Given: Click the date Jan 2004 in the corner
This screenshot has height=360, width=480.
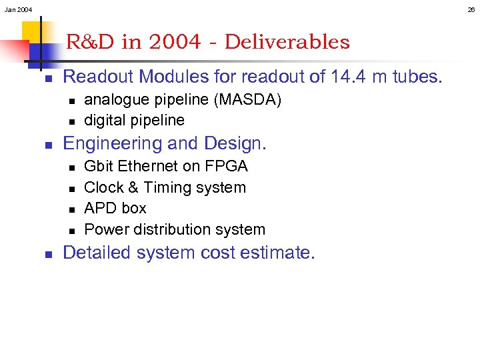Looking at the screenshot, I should pyautogui.click(x=18, y=9).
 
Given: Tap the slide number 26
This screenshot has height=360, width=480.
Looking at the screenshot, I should pyautogui.click(x=471, y=9).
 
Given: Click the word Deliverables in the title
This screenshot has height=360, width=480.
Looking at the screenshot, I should pyautogui.click(x=287, y=42).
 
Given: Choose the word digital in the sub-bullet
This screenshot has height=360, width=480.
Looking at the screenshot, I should pyautogui.click(x=105, y=121).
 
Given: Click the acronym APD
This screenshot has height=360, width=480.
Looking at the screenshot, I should pyautogui.click(x=100, y=209).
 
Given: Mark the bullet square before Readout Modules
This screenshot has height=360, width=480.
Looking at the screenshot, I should pyautogui.click(x=49, y=78).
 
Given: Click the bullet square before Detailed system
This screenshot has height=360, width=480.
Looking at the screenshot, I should pyautogui.click(x=49, y=254).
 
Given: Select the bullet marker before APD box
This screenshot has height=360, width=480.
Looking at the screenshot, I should pyautogui.click(x=71, y=209).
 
